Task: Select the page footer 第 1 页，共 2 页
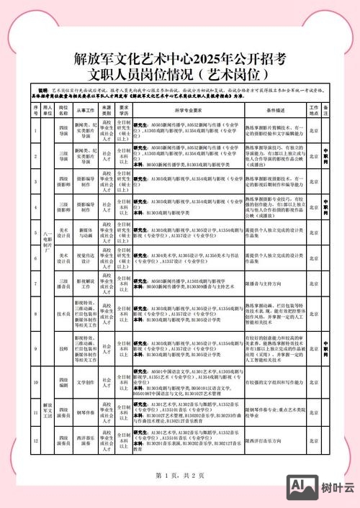pos(180,476)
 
